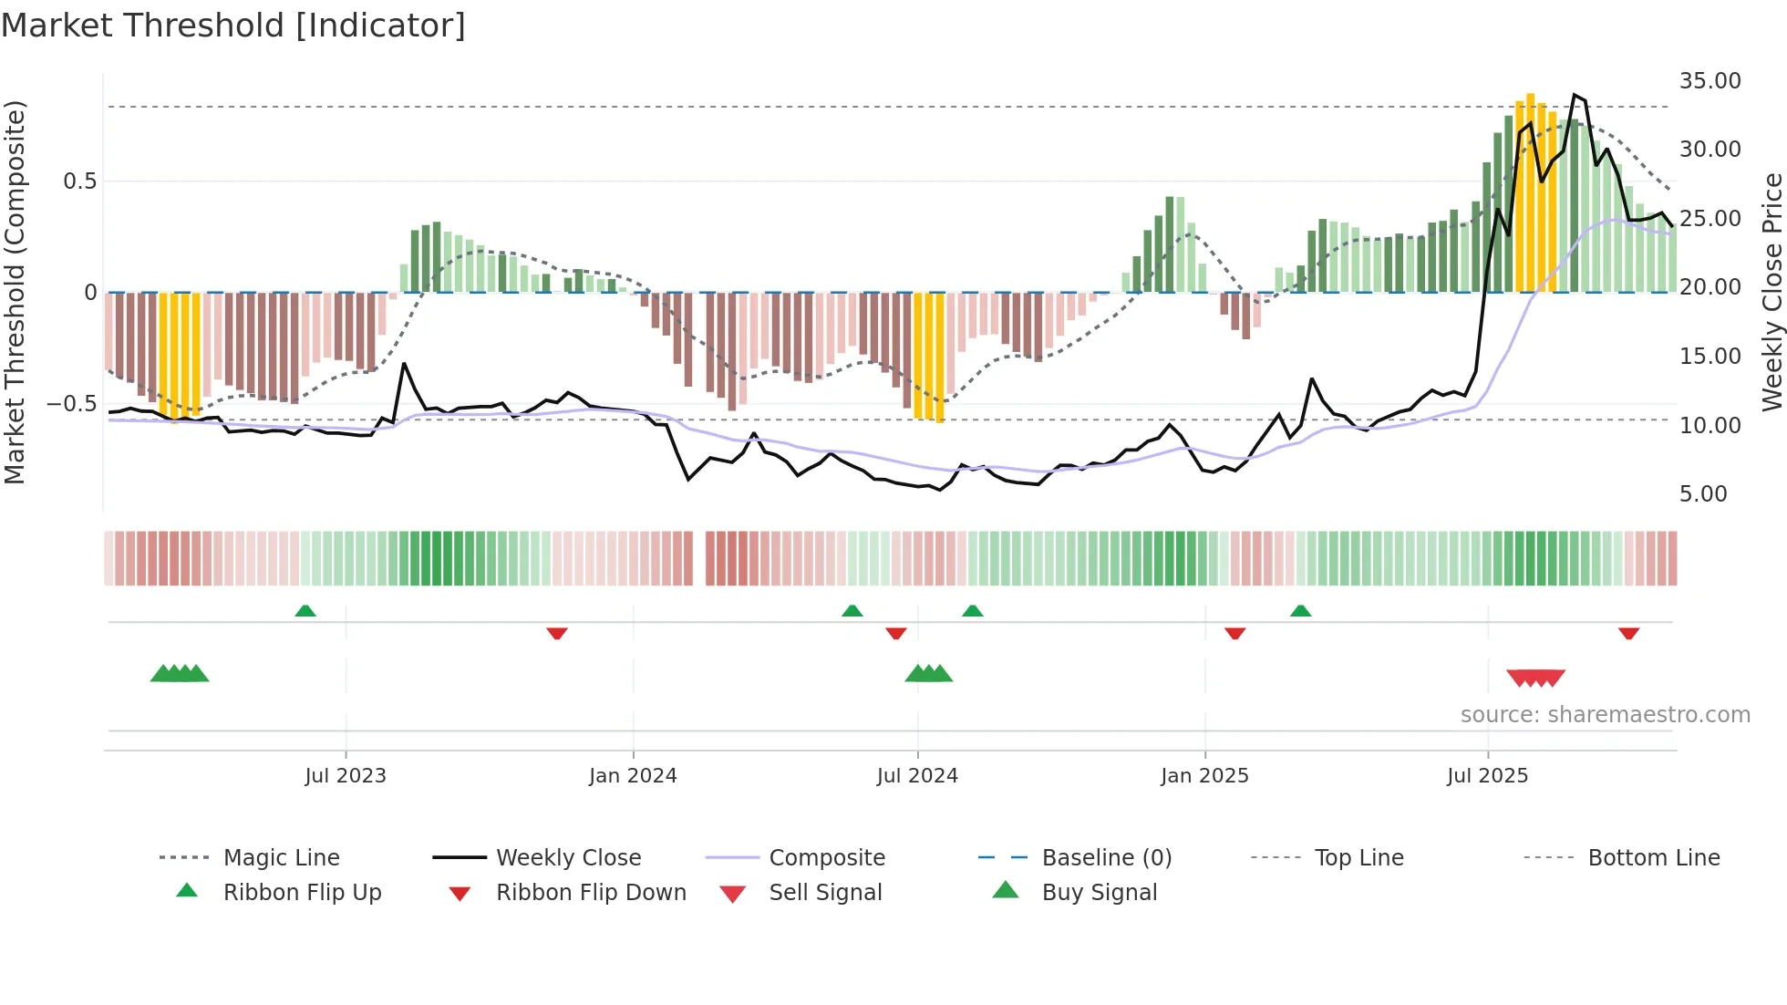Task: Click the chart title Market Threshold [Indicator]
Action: (x=233, y=26)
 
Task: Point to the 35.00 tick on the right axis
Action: (x=1710, y=81)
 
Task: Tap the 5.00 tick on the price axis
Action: (x=1702, y=494)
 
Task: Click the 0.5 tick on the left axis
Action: (x=79, y=181)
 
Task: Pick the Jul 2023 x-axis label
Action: (x=346, y=776)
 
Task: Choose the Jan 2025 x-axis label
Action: (x=1204, y=776)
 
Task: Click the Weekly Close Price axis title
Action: (x=1772, y=292)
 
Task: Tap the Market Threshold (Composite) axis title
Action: (x=15, y=292)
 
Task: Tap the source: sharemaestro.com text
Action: (x=1605, y=715)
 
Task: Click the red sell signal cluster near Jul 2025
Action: (x=1535, y=678)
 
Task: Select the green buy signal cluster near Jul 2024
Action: (x=928, y=674)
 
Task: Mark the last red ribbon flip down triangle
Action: (x=1628, y=633)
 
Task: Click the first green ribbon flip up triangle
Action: (x=305, y=611)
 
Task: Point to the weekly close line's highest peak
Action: (x=1575, y=95)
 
